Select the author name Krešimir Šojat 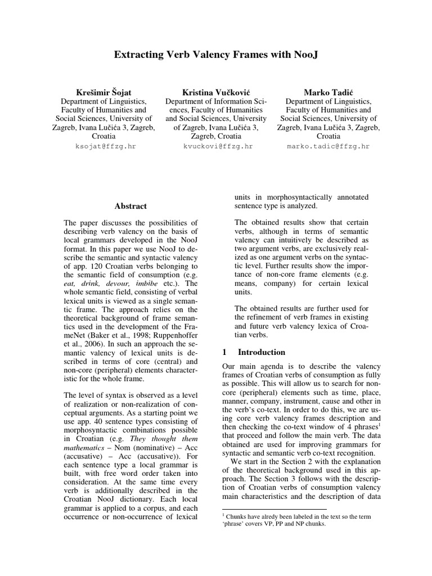tap(104, 91)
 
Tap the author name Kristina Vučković tap(217, 91)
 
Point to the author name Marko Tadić tap(328, 91)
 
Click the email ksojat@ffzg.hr tap(104, 146)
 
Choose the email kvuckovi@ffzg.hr tap(217, 146)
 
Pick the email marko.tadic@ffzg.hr tap(328, 146)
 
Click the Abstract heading tap(130, 206)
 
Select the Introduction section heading tap(262, 352)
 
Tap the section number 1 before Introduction tap(224, 352)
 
